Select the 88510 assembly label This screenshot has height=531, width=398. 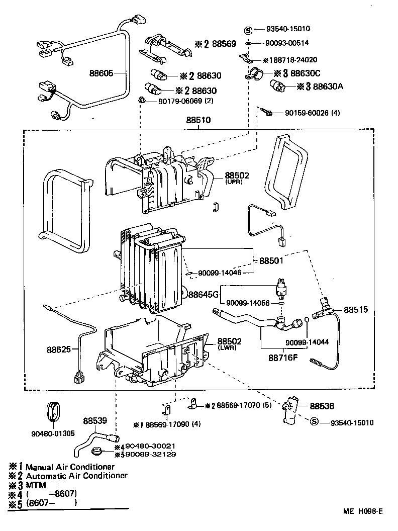[x=198, y=121]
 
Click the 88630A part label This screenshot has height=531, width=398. [x=328, y=86]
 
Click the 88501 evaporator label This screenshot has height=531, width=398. [x=271, y=261]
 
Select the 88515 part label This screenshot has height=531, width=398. [x=356, y=310]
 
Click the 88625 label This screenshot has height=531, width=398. [x=59, y=349]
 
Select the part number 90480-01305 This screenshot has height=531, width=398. [x=52, y=432]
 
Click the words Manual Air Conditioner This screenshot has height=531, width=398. [x=70, y=467]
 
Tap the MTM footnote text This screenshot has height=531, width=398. [x=36, y=485]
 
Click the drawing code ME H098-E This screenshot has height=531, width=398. [x=363, y=511]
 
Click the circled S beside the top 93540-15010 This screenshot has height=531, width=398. [x=247, y=30]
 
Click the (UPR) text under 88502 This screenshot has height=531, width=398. [x=234, y=182]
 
